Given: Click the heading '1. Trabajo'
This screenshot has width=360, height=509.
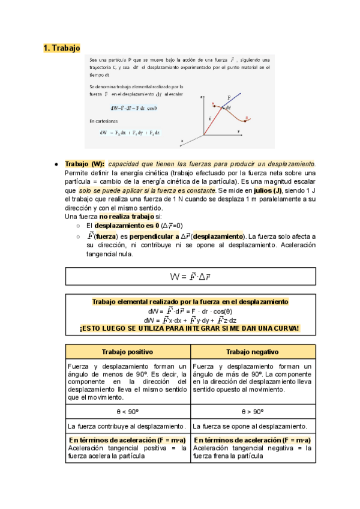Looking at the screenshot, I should click(x=62, y=48).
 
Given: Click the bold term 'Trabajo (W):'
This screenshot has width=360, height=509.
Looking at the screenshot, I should click(x=84, y=164).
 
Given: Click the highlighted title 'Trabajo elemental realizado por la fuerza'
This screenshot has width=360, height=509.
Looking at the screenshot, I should click(x=190, y=301).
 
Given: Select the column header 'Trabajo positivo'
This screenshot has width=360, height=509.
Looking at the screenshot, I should click(x=127, y=351).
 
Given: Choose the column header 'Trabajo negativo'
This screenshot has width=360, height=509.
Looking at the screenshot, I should click(x=252, y=351).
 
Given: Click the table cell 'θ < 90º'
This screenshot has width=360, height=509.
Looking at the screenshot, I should click(x=127, y=412).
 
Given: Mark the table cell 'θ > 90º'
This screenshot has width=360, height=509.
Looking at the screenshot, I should click(x=252, y=412).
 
